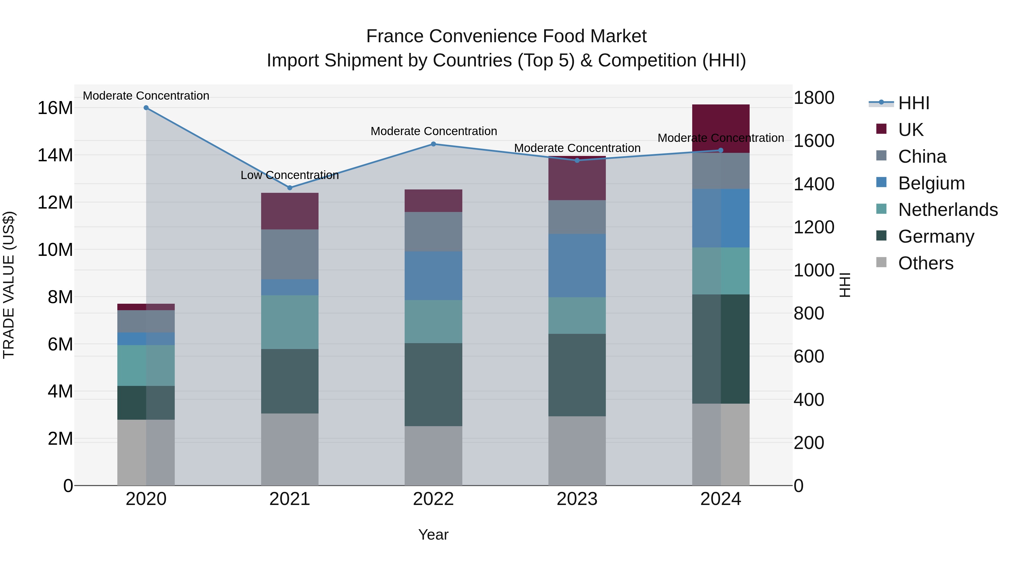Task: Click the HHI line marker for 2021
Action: pyautogui.click(x=290, y=188)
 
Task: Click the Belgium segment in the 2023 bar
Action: pyautogui.click(x=577, y=265)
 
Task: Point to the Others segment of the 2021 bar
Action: pyautogui.click(x=290, y=449)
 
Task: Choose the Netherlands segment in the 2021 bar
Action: pyautogui.click(x=290, y=322)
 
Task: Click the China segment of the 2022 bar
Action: pyautogui.click(x=433, y=232)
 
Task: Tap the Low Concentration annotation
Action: pyautogui.click(x=290, y=175)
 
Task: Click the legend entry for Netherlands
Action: pyautogui.click(x=948, y=210)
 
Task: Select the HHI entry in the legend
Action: pyautogui.click(x=913, y=103)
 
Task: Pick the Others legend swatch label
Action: pyautogui.click(x=926, y=263)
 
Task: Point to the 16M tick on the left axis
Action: pyautogui.click(x=55, y=108)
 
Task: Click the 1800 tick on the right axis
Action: pyautogui.click(x=813, y=98)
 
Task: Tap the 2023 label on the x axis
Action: pyautogui.click(x=577, y=499)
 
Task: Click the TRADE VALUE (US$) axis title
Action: pyautogui.click(x=9, y=285)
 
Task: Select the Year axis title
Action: pyautogui.click(x=433, y=535)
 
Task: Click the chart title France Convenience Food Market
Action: pyautogui.click(x=506, y=36)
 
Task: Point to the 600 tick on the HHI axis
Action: pyautogui.click(x=808, y=356)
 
